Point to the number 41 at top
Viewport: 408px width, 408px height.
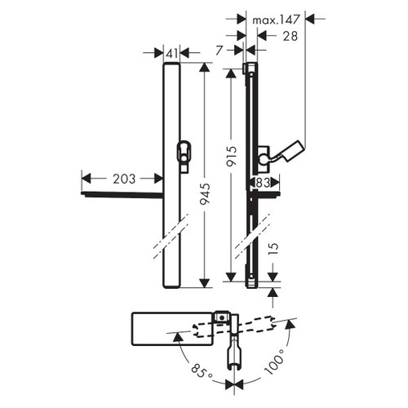pyautogui.click(x=171, y=53)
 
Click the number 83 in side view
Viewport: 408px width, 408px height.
pyautogui.click(x=263, y=184)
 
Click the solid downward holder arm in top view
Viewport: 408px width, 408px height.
pyautogui.click(x=236, y=351)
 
